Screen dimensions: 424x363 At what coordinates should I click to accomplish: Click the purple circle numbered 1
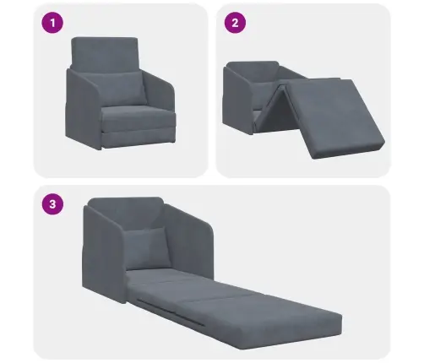click(x=52, y=23)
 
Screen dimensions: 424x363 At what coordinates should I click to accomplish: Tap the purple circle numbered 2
click(x=235, y=23)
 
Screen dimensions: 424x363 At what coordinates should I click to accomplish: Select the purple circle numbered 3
click(x=52, y=204)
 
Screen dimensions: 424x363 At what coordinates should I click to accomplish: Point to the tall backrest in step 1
click(x=105, y=53)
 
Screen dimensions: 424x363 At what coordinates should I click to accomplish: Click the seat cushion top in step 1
click(x=138, y=114)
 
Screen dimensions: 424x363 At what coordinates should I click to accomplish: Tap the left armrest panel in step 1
click(x=84, y=110)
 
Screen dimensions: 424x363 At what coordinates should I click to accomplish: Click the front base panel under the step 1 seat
click(x=139, y=138)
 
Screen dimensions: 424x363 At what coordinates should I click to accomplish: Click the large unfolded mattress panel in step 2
click(x=335, y=118)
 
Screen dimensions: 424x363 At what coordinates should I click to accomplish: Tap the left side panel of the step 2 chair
click(x=239, y=99)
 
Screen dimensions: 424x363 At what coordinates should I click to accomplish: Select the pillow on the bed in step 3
click(x=148, y=248)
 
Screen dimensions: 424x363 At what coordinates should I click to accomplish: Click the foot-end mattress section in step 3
click(x=270, y=321)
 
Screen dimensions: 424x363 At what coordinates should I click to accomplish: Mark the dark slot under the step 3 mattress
click(x=171, y=313)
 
